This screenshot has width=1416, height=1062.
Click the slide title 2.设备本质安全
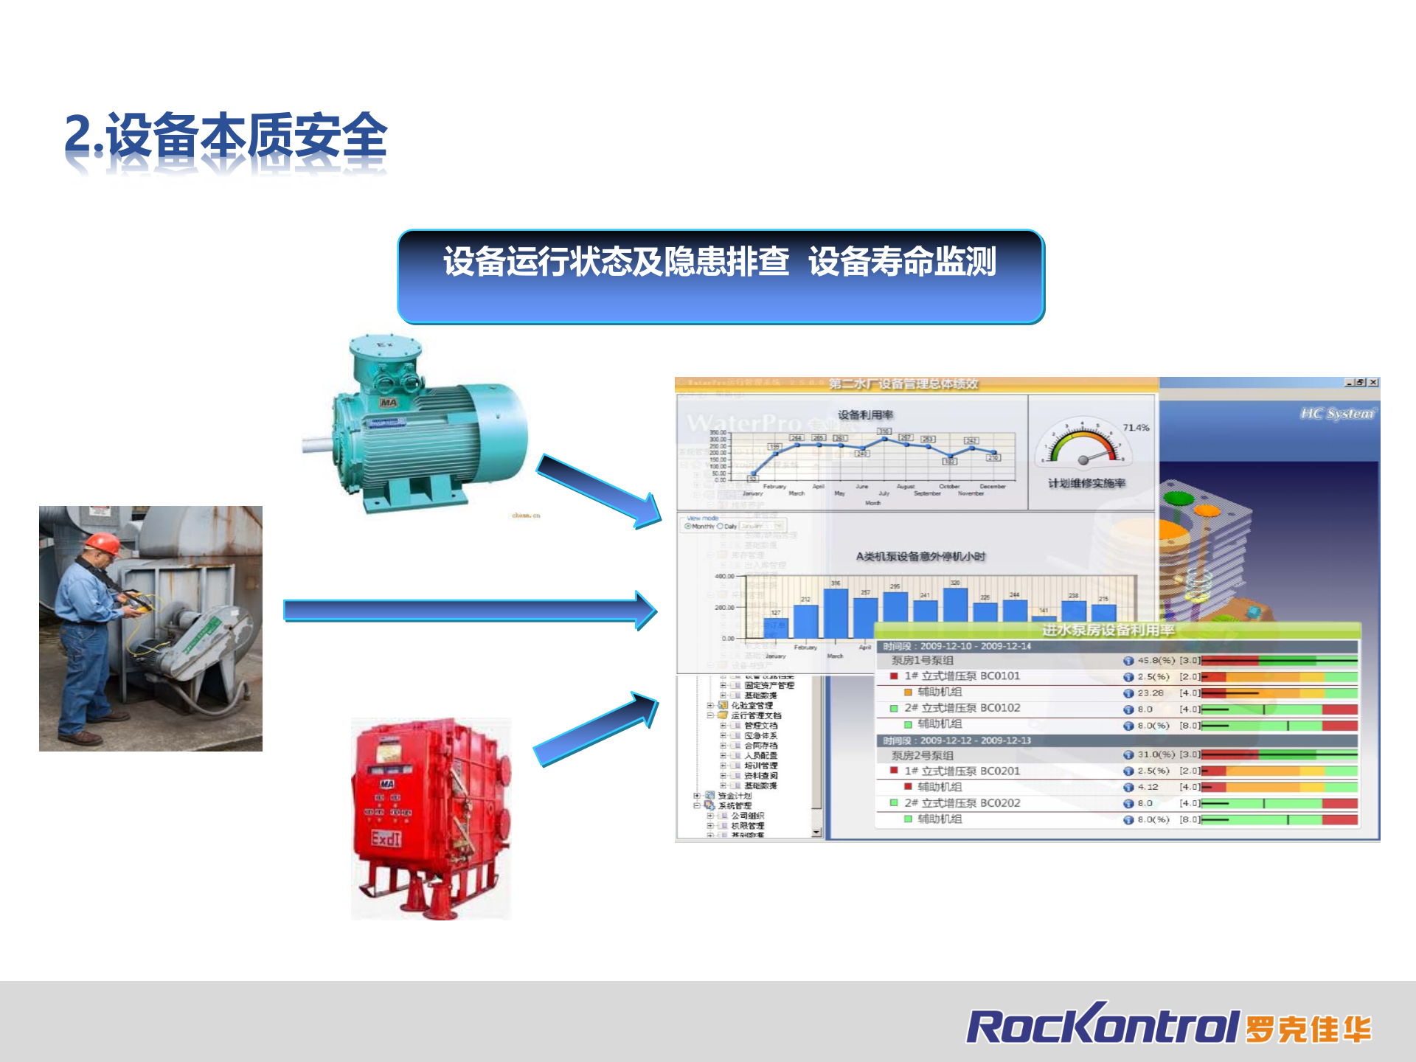[x=226, y=136]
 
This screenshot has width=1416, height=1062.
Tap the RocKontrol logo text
[x=1102, y=1026]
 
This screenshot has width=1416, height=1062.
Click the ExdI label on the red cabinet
[x=386, y=839]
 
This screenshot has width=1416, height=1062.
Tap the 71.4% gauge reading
[x=1136, y=428]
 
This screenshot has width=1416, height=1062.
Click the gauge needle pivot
[x=1083, y=460]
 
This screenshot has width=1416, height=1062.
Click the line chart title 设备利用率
[x=865, y=414]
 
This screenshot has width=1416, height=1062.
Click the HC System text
[x=1337, y=414]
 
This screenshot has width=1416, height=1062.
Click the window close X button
[x=1373, y=383]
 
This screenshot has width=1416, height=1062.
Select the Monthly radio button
[x=688, y=527]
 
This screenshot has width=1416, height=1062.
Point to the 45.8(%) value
[x=1156, y=661]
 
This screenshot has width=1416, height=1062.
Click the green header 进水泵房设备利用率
[x=1108, y=630]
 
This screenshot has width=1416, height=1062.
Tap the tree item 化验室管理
[x=752, y=706]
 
